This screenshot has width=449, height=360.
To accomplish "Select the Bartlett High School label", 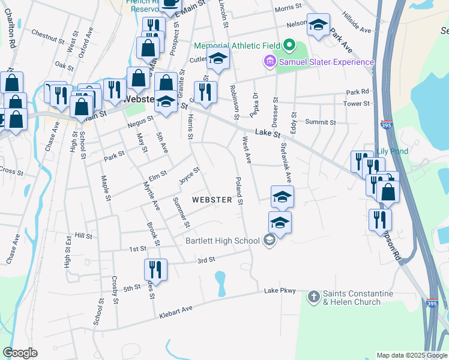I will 222,241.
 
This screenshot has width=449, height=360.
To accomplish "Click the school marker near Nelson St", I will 318,25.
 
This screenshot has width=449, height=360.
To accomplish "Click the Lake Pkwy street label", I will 280,291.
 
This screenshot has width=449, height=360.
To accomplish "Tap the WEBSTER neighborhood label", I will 212,199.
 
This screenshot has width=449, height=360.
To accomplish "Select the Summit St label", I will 320,122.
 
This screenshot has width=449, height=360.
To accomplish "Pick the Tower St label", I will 356,104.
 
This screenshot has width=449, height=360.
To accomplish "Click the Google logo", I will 20,353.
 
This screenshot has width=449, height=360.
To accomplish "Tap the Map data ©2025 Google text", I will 412,355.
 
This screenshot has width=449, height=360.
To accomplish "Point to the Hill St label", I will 83,236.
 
